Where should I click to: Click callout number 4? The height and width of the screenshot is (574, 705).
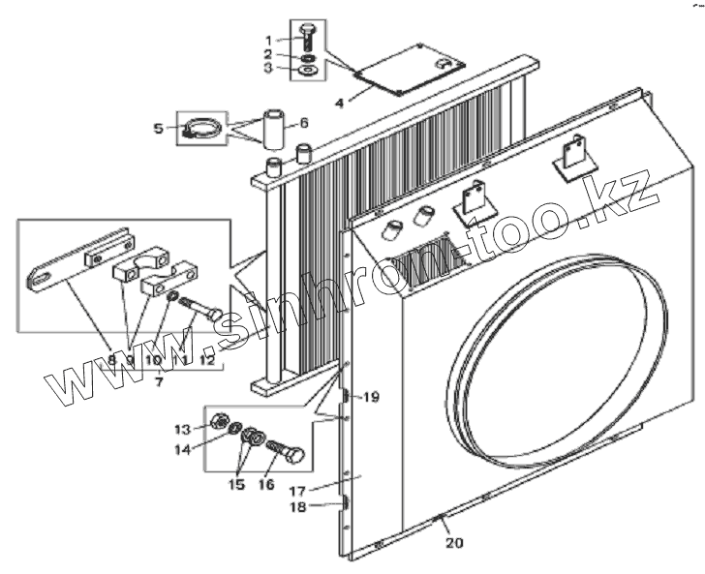(339, 102)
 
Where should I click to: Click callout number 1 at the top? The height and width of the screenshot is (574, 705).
(271, 40)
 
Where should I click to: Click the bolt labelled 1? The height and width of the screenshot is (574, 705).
(308, 36)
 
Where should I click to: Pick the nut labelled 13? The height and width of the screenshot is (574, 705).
(220, 422)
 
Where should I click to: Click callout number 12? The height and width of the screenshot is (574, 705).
(206, 360)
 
